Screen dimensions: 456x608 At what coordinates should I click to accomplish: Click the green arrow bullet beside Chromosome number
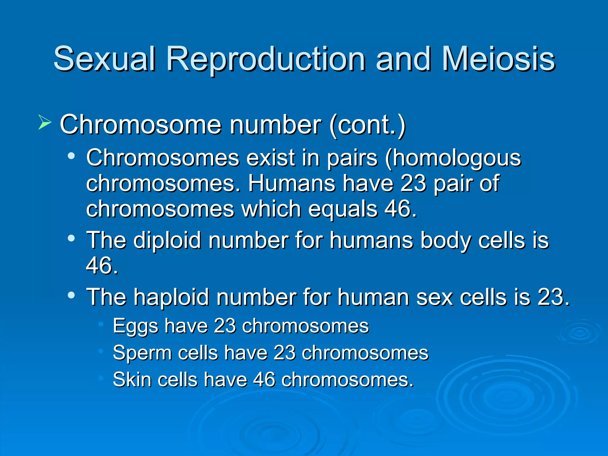(x=45, y=123)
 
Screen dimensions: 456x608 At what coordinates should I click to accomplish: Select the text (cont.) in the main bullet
(x=367, y=125)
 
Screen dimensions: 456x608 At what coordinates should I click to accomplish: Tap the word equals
(x=343, y=209)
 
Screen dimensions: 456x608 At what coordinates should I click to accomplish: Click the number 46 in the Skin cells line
(x=264, y=379)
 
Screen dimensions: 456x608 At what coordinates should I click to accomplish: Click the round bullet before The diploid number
(x=71, y=238)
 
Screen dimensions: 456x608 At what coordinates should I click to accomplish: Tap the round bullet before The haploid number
(x=71, y=295)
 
